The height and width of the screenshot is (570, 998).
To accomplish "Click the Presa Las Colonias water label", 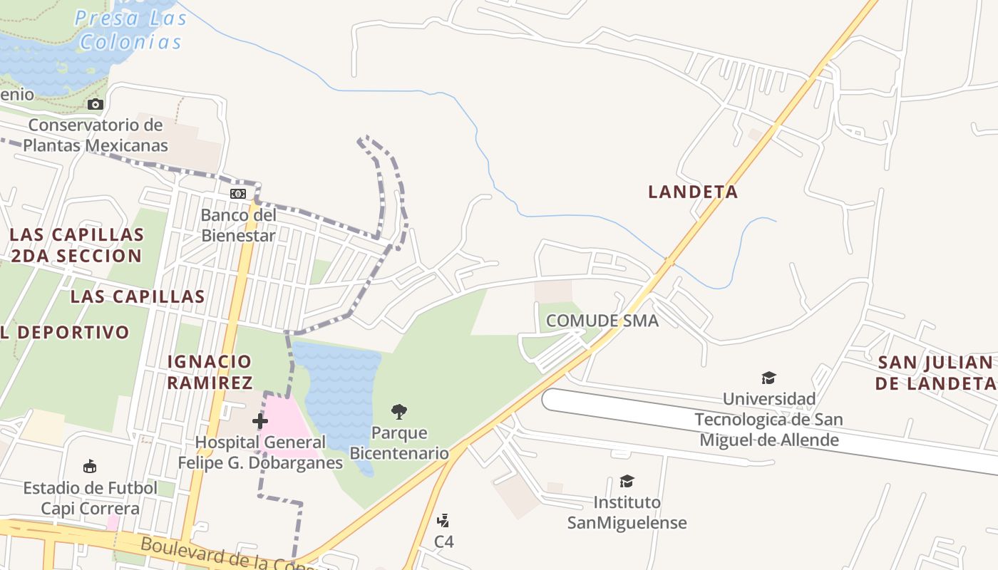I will click(130, 30).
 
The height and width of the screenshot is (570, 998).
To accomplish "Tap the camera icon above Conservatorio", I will click(95, 105).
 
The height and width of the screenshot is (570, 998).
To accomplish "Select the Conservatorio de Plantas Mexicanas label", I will click(96, 135).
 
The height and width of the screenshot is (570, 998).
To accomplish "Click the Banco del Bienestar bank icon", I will click(237, 194).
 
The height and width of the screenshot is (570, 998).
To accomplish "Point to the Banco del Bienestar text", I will click(237, 225).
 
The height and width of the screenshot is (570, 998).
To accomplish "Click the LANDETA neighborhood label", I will click(692, 192).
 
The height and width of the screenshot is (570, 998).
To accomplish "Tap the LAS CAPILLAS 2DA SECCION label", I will click(76, 245).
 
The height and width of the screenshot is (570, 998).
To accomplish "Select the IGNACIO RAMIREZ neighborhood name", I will click(209, 372).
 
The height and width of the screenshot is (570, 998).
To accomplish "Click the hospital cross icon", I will click(260, 421).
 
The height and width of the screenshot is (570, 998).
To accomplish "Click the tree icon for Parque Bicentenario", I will click(399, 411).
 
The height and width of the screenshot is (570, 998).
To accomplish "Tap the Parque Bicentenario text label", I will click(399, 442).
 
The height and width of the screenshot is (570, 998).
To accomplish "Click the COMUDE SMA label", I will click(602, 321).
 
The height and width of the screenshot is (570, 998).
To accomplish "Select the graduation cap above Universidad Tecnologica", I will click(768, 378).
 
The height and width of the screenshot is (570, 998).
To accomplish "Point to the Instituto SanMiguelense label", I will click(627, 512).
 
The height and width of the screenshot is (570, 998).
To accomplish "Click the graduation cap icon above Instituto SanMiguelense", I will click(627, 482).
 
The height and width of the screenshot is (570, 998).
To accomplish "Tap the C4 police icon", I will click(443, 521).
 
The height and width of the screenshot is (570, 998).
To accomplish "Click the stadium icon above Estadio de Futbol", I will click(90, 467).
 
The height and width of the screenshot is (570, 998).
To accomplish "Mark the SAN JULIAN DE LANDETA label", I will click(935, 373).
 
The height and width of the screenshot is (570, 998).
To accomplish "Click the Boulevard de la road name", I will click(214, 554).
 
